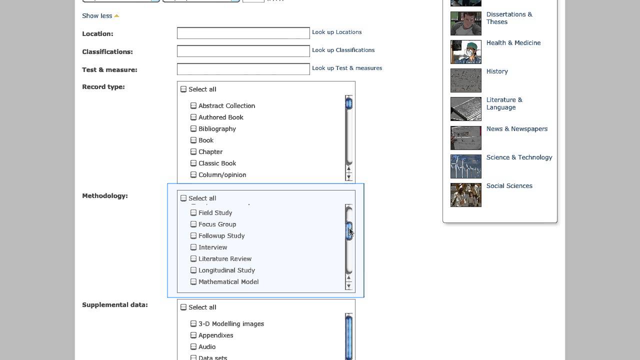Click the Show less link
click(x=97, y=15)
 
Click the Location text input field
click(x=243, y=33)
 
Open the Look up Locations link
click(x=336, y=32)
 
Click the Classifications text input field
click(x=243, y=51)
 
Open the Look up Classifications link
click(x=343, y=50)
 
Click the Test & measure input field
click(x=243, y=69)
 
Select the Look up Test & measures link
click(x=346, y=68)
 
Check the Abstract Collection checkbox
click(x=193, y=105)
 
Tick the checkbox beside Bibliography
click(x=193, y=128)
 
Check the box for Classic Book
click(x=193, y=163)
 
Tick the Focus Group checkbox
click(x=193, y=224)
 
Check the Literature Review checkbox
click(x=193, y=258)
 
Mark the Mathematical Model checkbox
click(x=193, y=281)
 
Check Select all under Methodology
click(x=183, y=198)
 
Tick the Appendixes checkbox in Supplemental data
click(x=193, y=335)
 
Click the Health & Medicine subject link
click(x=513, y=42)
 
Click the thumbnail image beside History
click(x=465, y=80)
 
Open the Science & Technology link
click(x=519, y=157)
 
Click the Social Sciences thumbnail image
click(x=465, y=194)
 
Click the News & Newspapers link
click(x=516, y=128)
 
